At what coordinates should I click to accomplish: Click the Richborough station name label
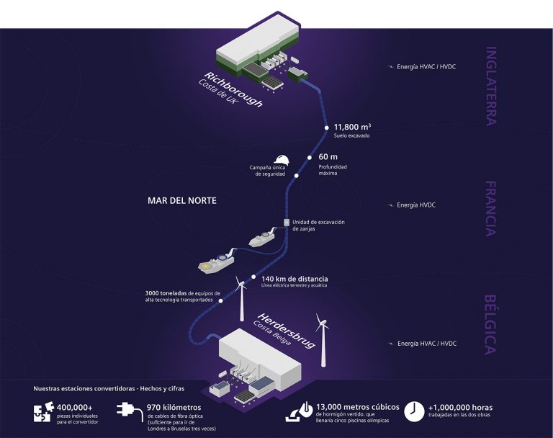(x=233, y=89)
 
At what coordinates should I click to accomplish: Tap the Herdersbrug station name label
(x=287, y=331)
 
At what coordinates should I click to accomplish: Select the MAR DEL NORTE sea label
(x=182, y=200)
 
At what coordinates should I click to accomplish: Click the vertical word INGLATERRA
(x=491, y=86)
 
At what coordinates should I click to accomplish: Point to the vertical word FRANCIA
(x=491, y=209)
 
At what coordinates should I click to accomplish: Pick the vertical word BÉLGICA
(x=491, y=324)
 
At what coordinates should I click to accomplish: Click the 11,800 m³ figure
(x=352, y=127)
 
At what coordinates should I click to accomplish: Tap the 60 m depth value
(x=328, y=157)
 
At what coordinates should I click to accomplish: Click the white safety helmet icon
(x=283, y=159)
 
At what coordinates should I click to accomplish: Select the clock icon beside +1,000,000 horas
(x=414, y=411)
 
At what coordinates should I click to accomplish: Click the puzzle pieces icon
(x=44, y=412)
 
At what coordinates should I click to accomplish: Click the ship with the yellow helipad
(x=216, y=263)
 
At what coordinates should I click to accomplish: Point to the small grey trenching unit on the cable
(x=287, y=222)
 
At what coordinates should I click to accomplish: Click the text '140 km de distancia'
(x=295, y=279)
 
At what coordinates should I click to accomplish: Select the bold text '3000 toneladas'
(x=166, y=293)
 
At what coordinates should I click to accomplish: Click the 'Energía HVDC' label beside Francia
(x=416, y=205)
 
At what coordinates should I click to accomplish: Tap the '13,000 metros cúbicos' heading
(x=358, y=407)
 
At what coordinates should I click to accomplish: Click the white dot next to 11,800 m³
(x=327, y=128)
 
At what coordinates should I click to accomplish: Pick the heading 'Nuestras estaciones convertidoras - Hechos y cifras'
(x=109, y=388)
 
